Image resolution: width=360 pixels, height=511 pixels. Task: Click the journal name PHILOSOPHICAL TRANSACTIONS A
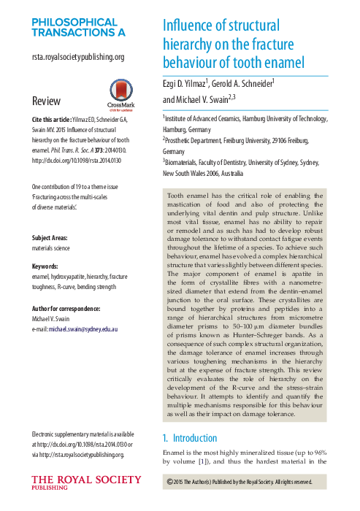pos(78,26)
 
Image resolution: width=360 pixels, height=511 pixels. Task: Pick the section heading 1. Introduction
pos(189,438)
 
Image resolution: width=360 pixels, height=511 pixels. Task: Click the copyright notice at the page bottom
pos(240,482)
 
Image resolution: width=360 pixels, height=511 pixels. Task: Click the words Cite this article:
pos(52,118)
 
